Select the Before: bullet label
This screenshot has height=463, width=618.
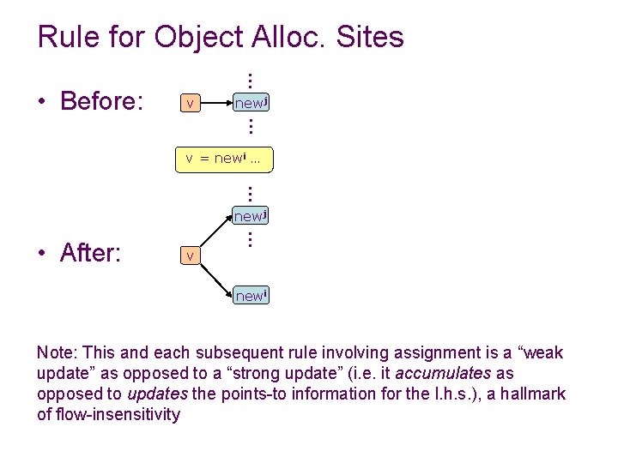tap(101, 101)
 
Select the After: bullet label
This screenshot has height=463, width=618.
tap(90, 253)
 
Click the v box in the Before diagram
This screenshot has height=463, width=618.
tap(189, 104)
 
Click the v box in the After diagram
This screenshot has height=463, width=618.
tap(189, 256)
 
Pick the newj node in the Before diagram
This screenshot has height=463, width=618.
tap(251, 104)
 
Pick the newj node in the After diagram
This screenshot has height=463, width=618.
tap(251, 216)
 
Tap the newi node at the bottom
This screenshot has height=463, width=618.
tap(251, 296)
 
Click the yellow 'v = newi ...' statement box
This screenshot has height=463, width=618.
tap(224, 159)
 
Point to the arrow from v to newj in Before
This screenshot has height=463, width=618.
tap(217, 104)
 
